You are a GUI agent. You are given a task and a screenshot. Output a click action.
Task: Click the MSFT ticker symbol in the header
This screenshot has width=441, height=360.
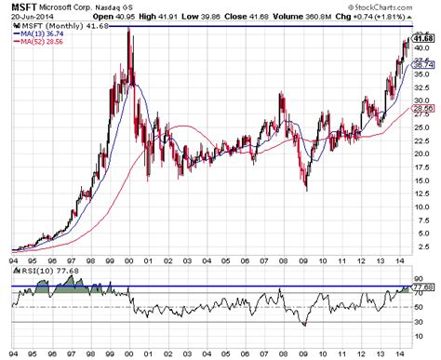(23, 8)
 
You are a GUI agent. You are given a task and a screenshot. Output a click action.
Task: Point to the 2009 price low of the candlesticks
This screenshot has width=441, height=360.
(306, 189)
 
